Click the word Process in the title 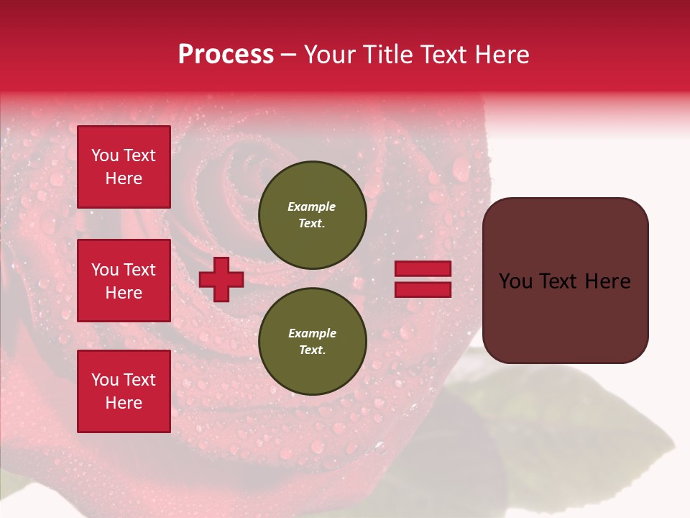click(x=226, y=55)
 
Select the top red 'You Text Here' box click(x=124, y=167)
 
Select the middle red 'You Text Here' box click(x=124, y=281)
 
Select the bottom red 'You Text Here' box click(x=124, y=391)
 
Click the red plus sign click(x=221, y=279)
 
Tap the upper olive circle click(x=312, y=215)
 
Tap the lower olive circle click(x=312, y=342)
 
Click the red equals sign click(x=423, y=279)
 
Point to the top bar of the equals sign click(x=423, y=269)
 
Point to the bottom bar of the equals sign click(x=423, y=290)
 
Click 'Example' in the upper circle click(x=312, y=206)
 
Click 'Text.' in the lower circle click(x=312, y=350)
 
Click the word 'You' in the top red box click(x=105, y=155)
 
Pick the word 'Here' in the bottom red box click(x=124, y=403)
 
